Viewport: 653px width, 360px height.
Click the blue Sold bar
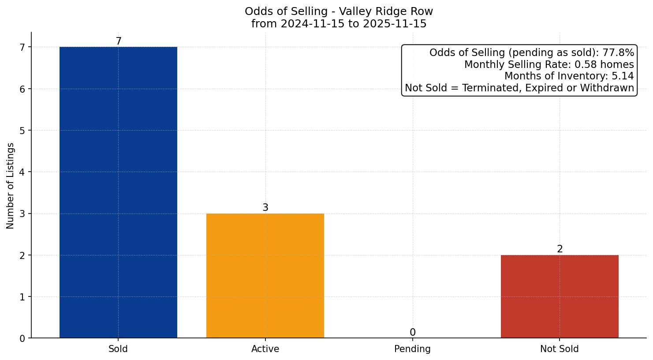pos(118,192)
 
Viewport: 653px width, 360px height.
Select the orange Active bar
pos(265,276)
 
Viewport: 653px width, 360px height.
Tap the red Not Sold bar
pos(560,296)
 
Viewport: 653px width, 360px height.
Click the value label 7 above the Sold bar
pos(118,41)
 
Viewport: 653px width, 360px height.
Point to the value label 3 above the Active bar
pos(265,208)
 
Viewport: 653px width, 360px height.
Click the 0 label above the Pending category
pos(412,333)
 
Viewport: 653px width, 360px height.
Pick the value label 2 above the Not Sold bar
pos(560,249)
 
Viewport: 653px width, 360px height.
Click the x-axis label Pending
pos(412,349)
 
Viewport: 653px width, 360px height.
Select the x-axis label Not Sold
pos(559,349)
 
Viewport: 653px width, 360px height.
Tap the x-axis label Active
pos(265,349)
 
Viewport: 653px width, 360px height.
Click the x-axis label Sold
pos(118,349)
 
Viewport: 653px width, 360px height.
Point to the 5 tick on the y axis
pos(22,131)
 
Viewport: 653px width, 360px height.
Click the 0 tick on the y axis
pos(22,338)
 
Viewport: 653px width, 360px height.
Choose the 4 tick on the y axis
pos(22,172)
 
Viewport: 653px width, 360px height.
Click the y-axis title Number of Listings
pos(11,186)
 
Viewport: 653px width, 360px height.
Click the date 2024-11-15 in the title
pos(313,24)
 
